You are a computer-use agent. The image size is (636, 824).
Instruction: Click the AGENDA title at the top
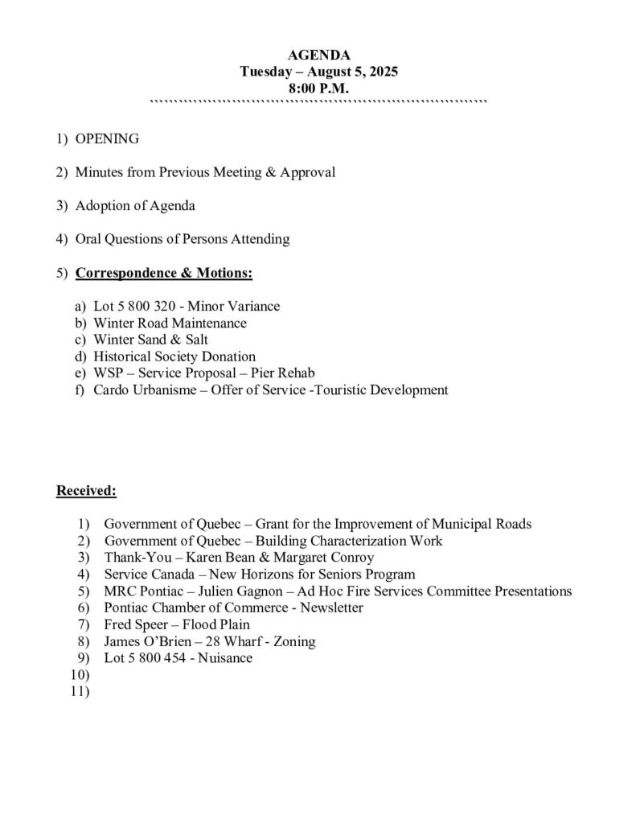318,55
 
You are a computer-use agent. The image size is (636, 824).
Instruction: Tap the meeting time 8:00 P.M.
318,89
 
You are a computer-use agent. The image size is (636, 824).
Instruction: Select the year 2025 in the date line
382,72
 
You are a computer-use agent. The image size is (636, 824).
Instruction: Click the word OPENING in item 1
107,138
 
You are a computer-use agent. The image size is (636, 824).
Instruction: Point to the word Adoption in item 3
101,206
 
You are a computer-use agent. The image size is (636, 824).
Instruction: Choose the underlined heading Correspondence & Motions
164,274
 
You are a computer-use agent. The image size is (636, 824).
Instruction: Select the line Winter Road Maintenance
170,323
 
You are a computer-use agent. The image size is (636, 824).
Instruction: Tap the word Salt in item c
196,340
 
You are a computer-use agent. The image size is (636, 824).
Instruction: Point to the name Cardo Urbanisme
143,390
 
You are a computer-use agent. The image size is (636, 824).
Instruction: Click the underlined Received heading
86,490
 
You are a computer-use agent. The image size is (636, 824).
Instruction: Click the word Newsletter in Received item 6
331,608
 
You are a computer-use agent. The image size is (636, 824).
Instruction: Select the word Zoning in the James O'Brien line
293,641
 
